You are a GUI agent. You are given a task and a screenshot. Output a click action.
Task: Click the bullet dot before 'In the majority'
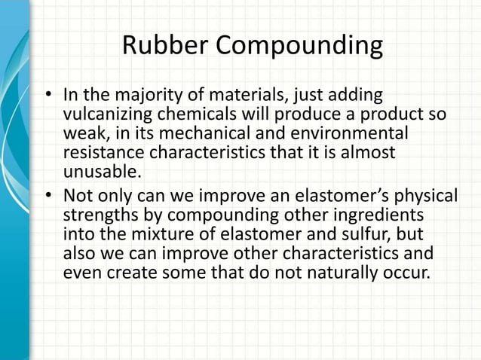pyautogui.click(x=48, y=97)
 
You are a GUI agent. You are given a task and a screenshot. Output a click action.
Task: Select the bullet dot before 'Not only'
pyautogui.click(x=48, y=197)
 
